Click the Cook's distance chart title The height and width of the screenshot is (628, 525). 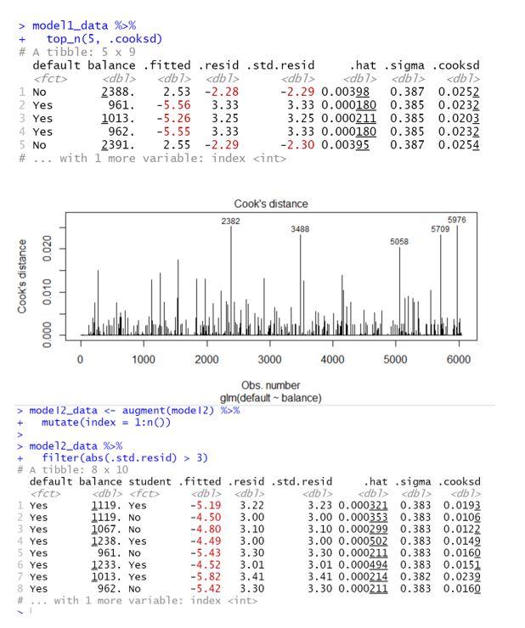coord(271,204)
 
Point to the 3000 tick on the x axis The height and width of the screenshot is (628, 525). coord(269,360)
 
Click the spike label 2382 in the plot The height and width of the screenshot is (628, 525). coord(230,221)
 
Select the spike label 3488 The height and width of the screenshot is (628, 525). coord(300,229)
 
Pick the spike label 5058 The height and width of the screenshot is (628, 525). coord(399,242)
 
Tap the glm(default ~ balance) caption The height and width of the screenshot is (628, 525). coord(270,398)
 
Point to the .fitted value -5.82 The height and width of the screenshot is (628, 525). coord(197,575)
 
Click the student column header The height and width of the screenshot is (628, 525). coord(150,481)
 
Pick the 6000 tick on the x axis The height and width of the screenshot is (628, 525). coord(459,360)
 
